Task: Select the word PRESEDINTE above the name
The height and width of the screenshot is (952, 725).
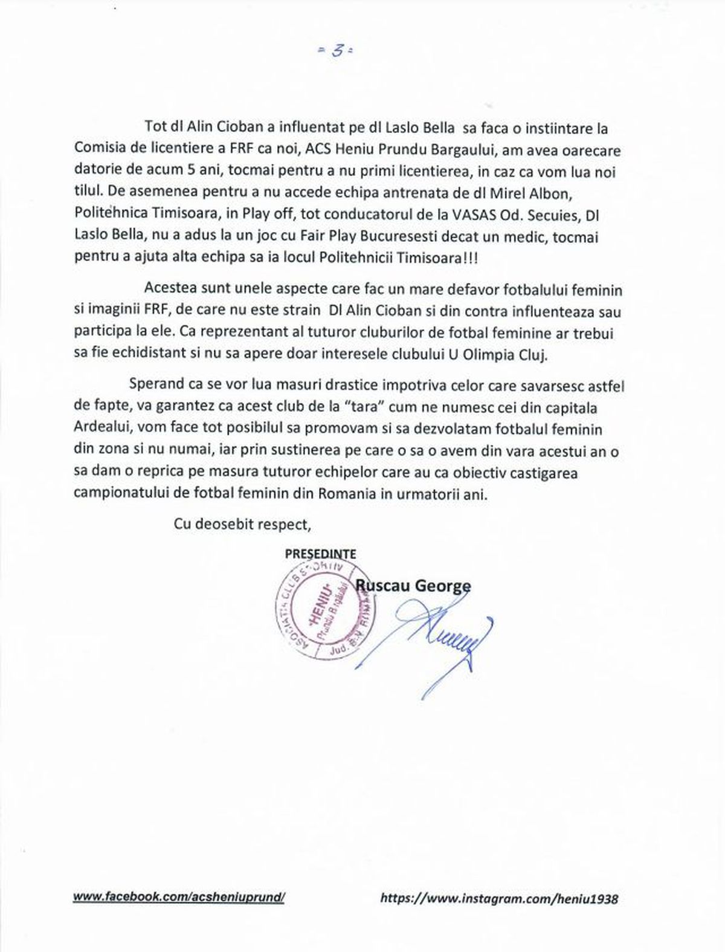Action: [320, 554]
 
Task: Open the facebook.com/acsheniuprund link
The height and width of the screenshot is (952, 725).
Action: [178, 898]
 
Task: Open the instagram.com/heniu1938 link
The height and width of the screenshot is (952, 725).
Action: [500, 899]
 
